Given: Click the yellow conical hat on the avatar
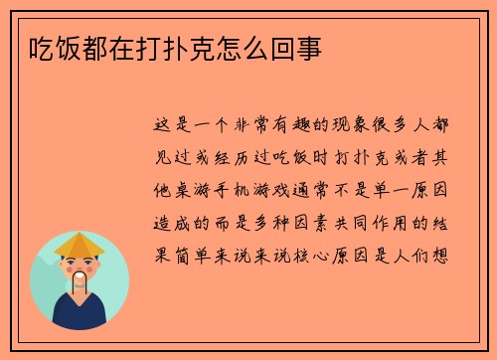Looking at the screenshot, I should (x=80, y=244).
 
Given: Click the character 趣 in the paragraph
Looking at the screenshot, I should (x=282, y=126).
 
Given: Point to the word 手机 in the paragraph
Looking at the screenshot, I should (x=246, y=190).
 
